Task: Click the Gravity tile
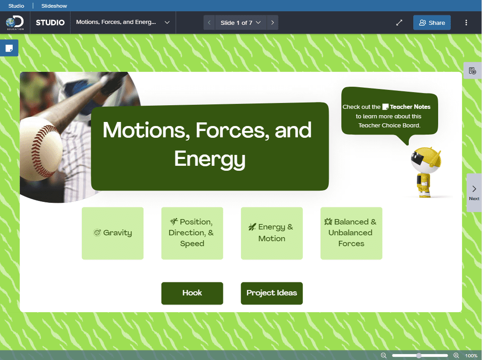click(113, 233)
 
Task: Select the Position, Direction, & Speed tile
click(192, 233)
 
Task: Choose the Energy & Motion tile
click(272, 233)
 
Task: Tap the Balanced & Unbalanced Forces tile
click(351, 233)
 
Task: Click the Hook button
click(192, 293)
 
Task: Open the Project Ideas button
click(272, 293)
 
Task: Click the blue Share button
click(432, 23)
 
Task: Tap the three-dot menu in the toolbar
click(466, 23)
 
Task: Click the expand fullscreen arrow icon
click(399, 23)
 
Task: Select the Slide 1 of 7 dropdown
click(241, 23)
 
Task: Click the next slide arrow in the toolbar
click(272, 23)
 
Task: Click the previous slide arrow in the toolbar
click(209, 23)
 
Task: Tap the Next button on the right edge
click(474, 192)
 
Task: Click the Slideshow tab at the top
click(54, 6)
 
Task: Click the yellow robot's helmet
click(426, 159)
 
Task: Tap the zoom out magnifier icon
click(383, 355)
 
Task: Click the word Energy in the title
click(210, 159)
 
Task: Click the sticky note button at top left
click(9, 48)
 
